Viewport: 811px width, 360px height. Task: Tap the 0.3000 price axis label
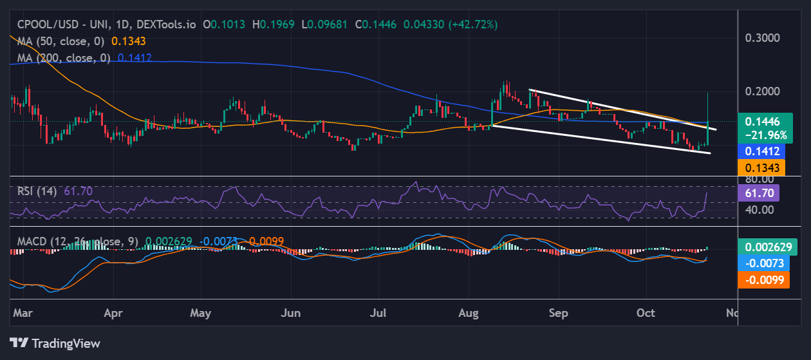click(762, 37)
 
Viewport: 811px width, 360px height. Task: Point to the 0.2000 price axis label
click(762, 91)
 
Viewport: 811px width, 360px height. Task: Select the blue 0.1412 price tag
click(762, 151)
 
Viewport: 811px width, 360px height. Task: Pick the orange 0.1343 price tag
click(762, 167)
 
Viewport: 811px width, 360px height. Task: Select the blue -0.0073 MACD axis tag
click(763, 263)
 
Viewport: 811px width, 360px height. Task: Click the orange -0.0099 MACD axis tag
click(763, 279)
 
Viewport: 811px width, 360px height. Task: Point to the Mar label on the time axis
click(23, 313)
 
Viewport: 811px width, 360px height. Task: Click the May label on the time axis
click(201, 313)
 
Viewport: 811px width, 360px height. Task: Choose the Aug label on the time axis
click(469, 313)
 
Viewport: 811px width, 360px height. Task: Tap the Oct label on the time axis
click(646, 313)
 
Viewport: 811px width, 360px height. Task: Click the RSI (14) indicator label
click(38, 191)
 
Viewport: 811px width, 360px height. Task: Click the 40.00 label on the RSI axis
click(759, 209)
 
